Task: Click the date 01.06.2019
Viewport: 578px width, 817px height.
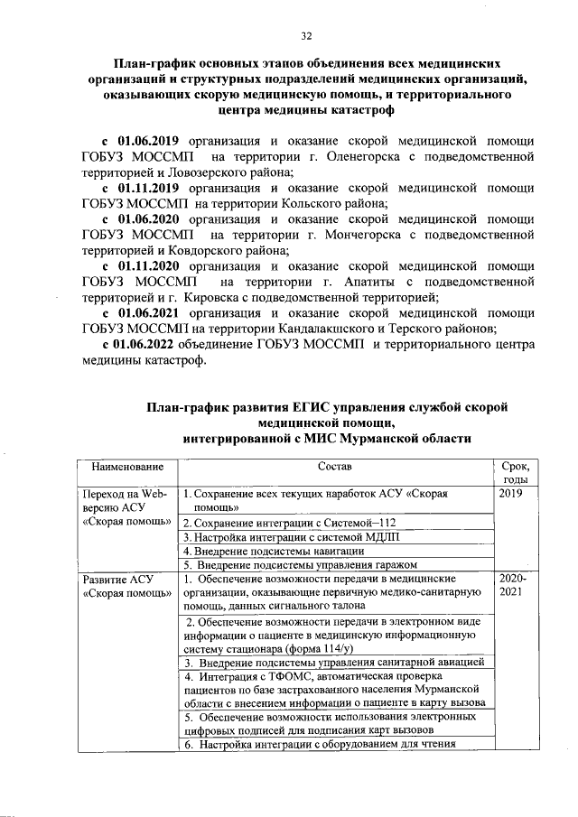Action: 153,142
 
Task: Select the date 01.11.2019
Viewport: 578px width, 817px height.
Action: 153,188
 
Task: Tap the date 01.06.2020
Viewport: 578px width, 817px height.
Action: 153,219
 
